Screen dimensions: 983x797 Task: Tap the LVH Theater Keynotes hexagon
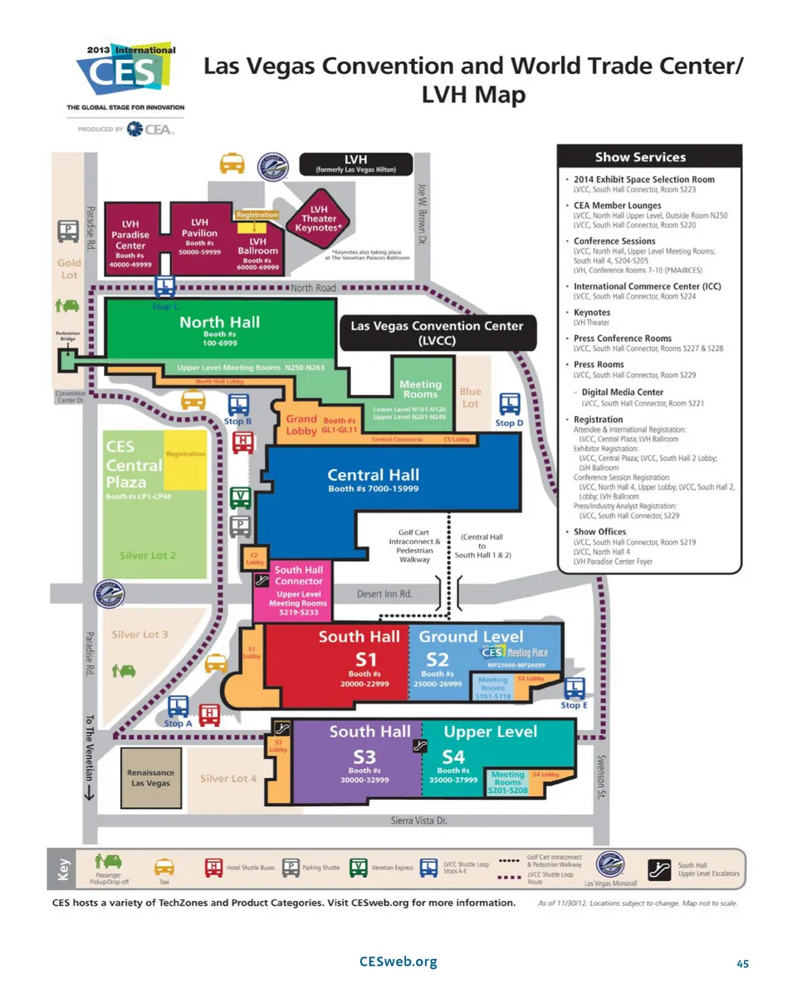319,218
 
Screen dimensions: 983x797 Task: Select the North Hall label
219,322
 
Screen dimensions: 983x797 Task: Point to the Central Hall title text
373,475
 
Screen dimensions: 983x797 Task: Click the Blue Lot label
470,397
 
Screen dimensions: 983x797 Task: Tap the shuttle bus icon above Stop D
509,404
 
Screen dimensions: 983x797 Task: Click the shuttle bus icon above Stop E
575,688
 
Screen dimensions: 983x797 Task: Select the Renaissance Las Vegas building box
150,778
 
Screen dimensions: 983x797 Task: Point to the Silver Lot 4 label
228,778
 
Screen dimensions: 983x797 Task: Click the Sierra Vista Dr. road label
419,820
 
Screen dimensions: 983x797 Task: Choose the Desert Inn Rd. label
384,594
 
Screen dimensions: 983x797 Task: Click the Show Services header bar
648,157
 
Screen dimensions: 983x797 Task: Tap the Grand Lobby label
301,425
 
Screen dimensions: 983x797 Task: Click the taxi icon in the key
164,866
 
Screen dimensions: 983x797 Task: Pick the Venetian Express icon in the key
358,867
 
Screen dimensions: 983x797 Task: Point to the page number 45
742,963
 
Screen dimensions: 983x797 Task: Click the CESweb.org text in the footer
398,961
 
